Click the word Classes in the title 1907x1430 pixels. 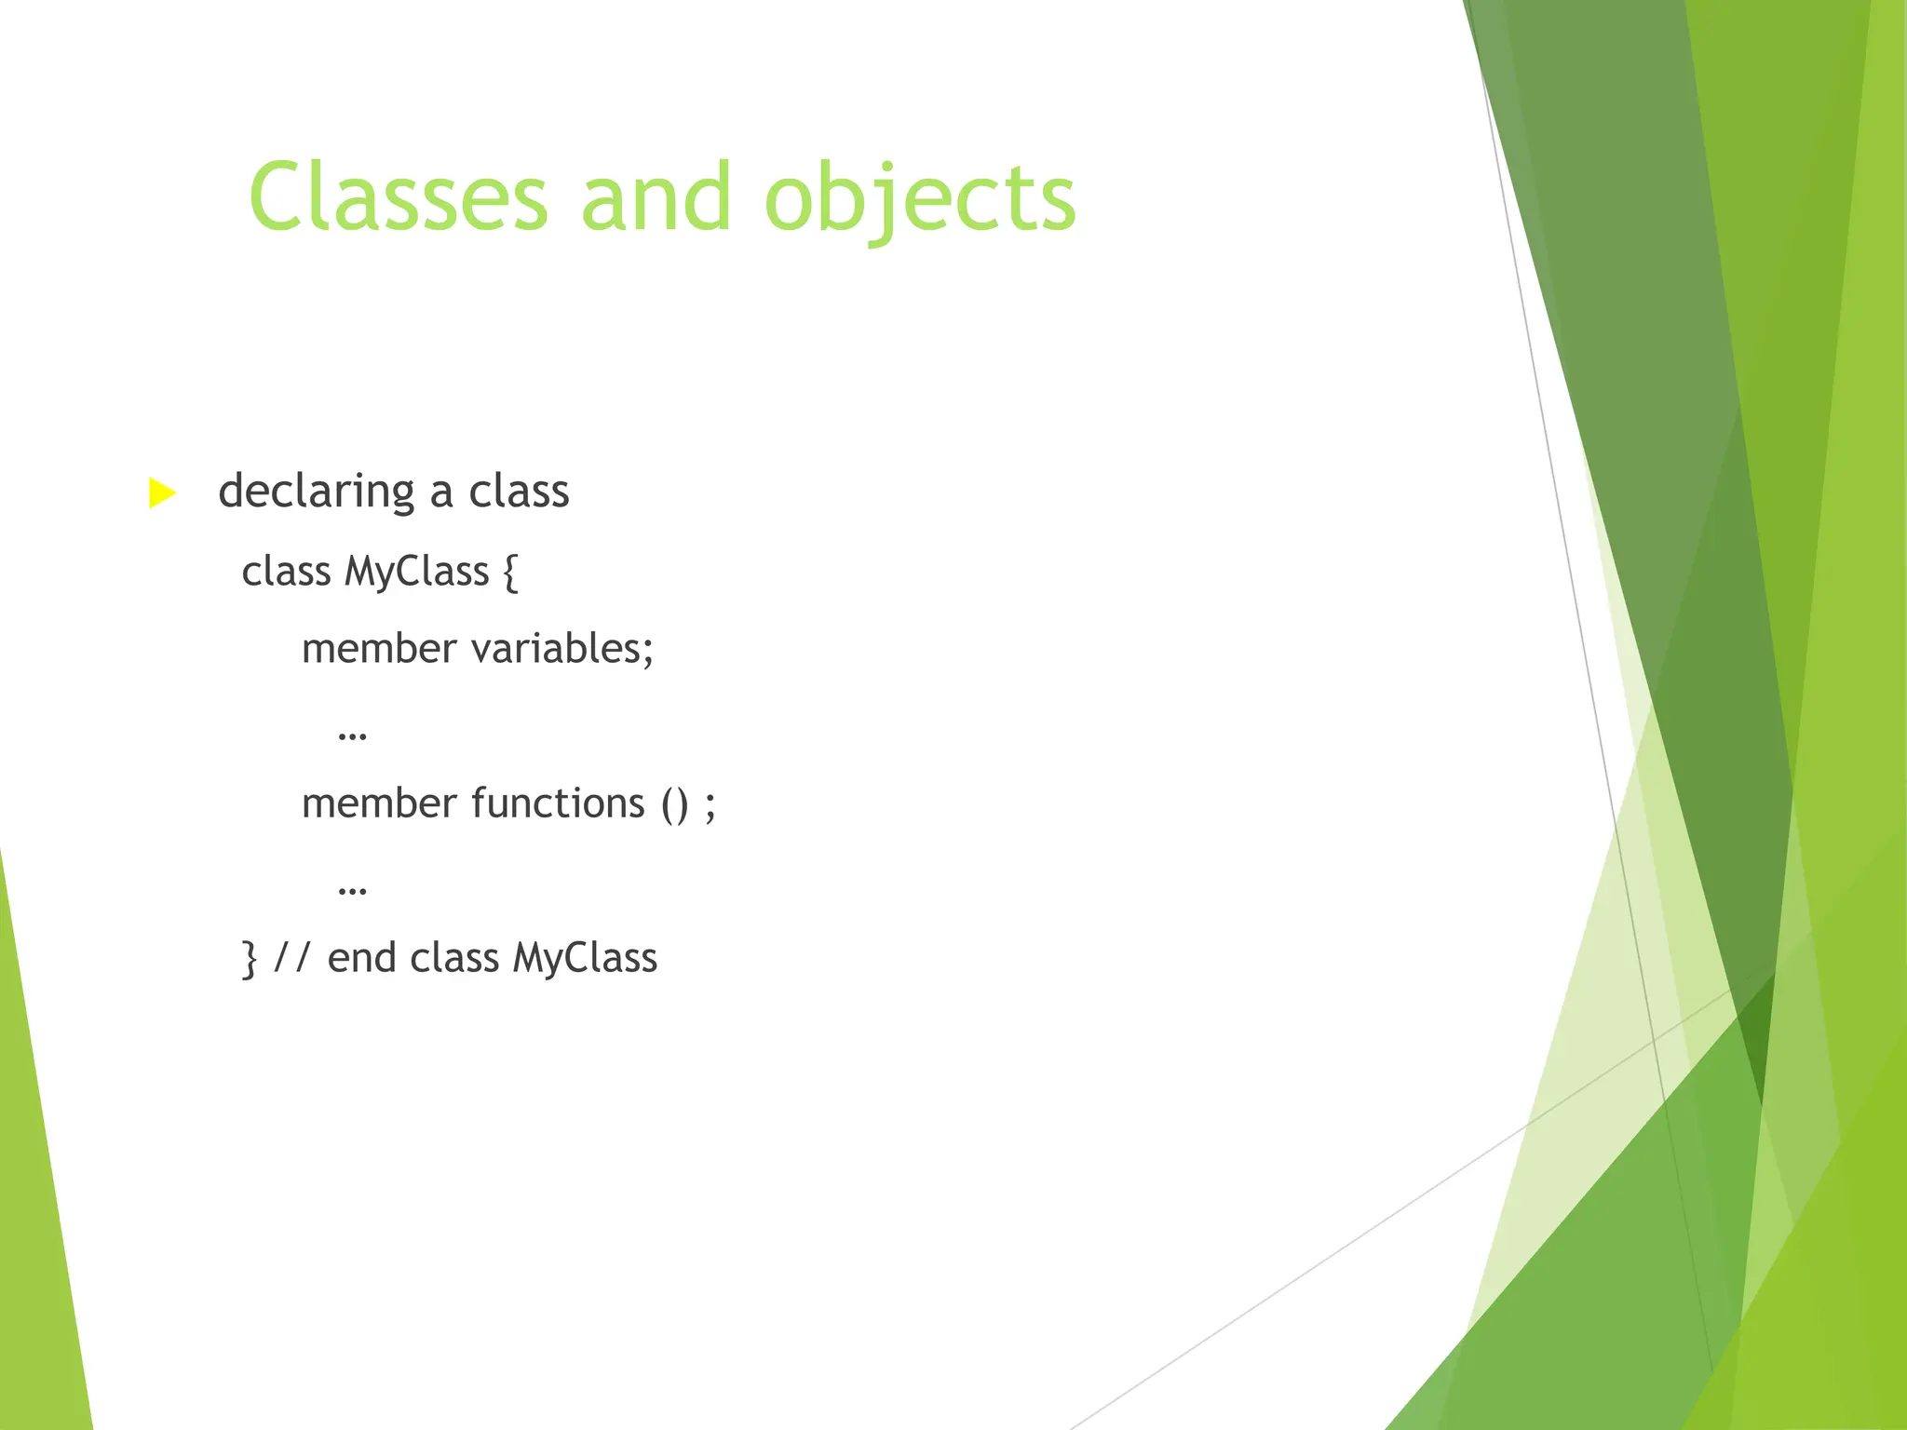point(399,197)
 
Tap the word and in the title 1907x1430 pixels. point(656,197)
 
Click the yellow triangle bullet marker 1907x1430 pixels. point(162,492)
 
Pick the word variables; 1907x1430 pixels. point(562,649)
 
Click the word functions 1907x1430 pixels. point(558,803)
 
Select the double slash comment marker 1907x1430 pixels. point(291,958)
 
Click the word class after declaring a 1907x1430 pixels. point(518,492)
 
